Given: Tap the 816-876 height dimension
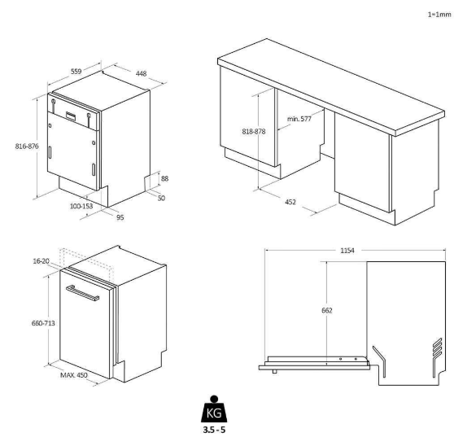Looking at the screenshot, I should pyautogui.click(x=20, y=146).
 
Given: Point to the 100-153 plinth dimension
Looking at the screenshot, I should pyautogui.click(x=82, y=208).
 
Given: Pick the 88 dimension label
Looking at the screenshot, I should pyautogui.click(x=165, y=179).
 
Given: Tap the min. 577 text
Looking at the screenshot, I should pyautogui.click(x=300, y=119).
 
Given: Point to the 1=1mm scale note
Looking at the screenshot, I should pyautogui.click(x=451, y=15).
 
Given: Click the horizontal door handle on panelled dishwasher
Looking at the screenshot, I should pyautogui.click(x=82, y=293).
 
